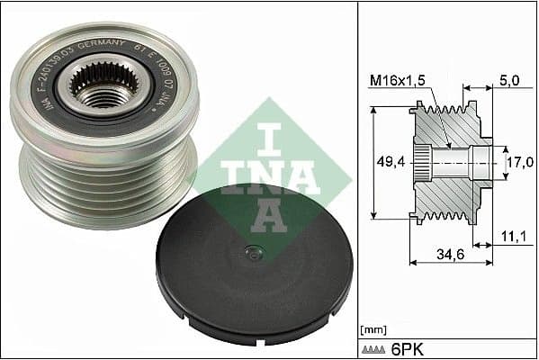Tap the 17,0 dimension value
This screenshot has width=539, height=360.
click(x=517, y=164)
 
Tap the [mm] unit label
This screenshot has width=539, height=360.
click(x=372, y=329)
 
